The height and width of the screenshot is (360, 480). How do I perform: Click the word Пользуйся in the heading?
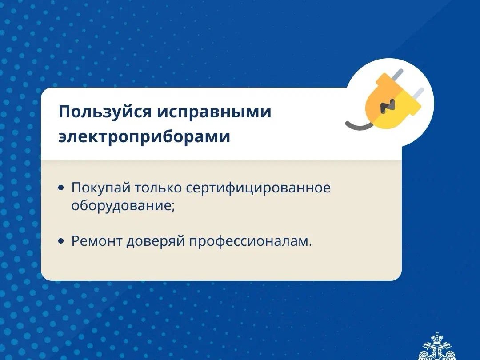tap(105, 112)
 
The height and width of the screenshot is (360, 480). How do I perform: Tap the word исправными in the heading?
tap(214, 112)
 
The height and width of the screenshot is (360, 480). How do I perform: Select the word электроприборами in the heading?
tap(144, 136)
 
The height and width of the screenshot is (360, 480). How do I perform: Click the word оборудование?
tap(120, 205)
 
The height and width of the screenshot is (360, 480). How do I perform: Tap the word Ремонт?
tap(97, 241)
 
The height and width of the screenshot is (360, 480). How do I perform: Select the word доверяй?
tap(156, 241)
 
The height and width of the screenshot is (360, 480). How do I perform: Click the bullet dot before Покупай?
tap(61, 188)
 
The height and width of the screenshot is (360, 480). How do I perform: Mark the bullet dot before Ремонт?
tap(61, 241)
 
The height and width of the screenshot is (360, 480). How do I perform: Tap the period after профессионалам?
tap(310, 245)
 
